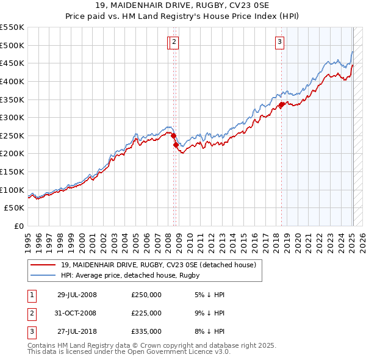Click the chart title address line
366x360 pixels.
coord(183,7)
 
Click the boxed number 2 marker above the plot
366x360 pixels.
coord(174,42)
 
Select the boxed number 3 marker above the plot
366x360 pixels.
coord(279,42)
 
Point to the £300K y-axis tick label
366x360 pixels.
coord(12,117)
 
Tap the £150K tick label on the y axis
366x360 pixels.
coord(12,171)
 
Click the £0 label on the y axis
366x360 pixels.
coord(18,226)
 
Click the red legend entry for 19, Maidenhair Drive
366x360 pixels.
coord(161,265)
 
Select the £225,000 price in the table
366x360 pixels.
coord(146,313)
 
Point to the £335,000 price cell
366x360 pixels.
coord(146,331)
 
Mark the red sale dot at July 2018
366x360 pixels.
coord(282,104)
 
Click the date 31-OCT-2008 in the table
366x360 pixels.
coord(77,313)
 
